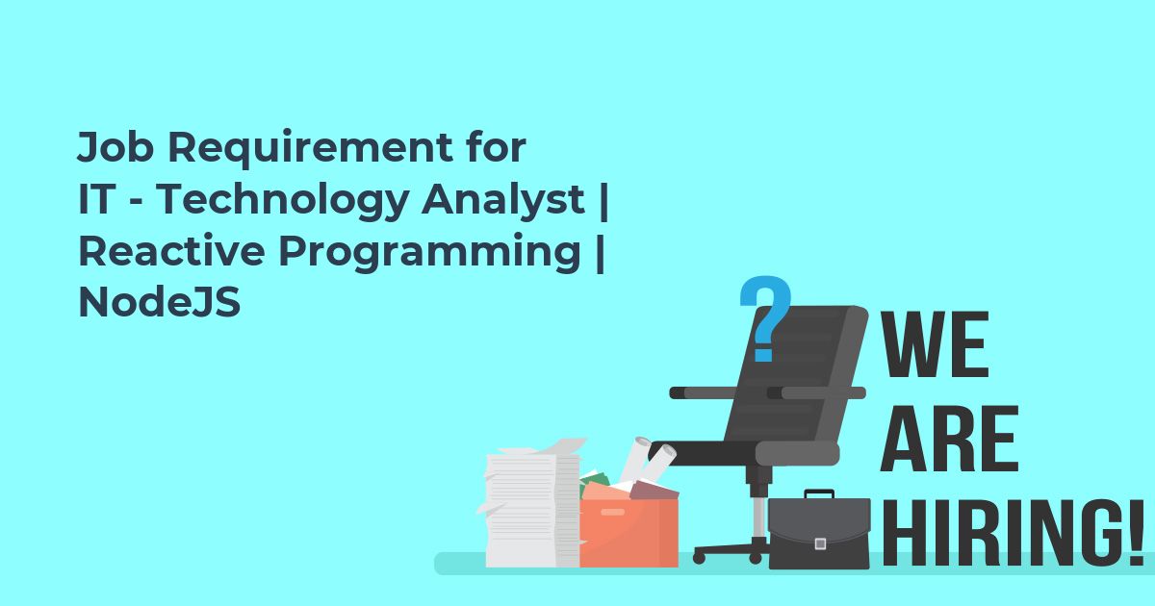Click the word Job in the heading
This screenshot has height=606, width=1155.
coord(115,147)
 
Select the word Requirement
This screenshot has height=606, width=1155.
coord(310,148)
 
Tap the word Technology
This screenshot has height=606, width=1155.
coord(283,200)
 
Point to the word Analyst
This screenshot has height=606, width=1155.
coord(503,200)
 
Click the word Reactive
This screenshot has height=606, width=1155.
coord(171,250)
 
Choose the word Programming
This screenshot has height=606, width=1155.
coord(429,252)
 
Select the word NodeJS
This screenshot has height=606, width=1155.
coord(160,302)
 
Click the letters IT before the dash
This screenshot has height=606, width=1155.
coord(96,199)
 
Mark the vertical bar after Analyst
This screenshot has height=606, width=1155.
coord(604,201)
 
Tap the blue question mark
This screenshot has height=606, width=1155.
coord(764,317)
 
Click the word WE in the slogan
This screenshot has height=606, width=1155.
coord(934,344)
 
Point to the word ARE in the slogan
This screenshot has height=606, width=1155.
coord(949,439)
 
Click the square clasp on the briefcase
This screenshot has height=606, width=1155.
coord(820,543)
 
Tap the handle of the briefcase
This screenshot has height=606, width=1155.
coord(819,494)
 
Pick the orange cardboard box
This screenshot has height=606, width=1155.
coord(629,533)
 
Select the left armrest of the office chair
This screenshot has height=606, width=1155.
coord(703,392)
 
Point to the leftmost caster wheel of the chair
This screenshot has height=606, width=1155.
coord(699,558)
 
